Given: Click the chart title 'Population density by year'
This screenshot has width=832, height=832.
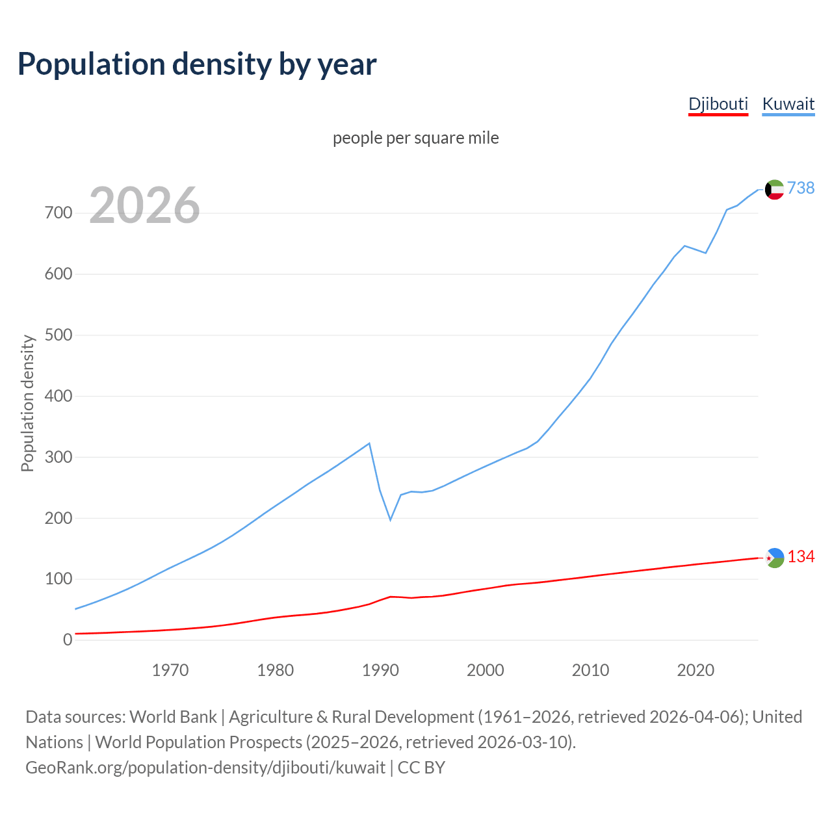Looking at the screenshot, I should click(x=197, y=64).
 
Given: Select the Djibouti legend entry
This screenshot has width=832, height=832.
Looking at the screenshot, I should click(x=718, y=104).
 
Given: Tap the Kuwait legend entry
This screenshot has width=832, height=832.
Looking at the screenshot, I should click(x=788, y=104).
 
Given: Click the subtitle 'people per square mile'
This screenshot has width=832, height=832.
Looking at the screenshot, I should click(x=415, y=138).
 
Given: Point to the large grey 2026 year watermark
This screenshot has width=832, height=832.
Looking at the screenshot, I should click(x=144, y=205).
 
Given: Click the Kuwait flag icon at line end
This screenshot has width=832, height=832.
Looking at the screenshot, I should click(x=774, y=189).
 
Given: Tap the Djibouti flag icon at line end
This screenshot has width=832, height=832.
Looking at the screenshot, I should click(x=775, y=558).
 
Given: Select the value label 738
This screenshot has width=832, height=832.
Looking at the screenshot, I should click(x=801, y=188).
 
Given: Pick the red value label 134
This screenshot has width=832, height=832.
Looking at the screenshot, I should click(x=801, y=557).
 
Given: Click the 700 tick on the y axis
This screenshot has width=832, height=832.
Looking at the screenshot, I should click(x=58, y=213).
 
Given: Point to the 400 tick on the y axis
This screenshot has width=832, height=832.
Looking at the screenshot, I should click(x=58, y=396).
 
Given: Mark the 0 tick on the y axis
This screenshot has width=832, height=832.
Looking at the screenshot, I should click(x=68, y=640).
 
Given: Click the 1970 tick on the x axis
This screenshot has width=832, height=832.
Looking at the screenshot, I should click(x=170, y=670).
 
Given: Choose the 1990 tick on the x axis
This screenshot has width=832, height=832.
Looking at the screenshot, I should click(x=380, y=670).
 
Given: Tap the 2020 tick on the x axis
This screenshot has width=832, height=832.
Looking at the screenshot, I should click(x=695, y=670).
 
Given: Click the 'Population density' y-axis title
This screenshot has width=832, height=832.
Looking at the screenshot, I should click(x=27, y=403).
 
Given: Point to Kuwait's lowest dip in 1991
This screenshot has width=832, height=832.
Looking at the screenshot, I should click(x=391, y=519).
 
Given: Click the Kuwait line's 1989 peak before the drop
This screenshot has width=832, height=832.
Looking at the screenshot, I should click(x=369, y=443).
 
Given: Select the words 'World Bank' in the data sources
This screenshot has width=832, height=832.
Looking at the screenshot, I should click(x=173, y=717).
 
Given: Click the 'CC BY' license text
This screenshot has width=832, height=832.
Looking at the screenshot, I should click(x=421, y=768).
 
